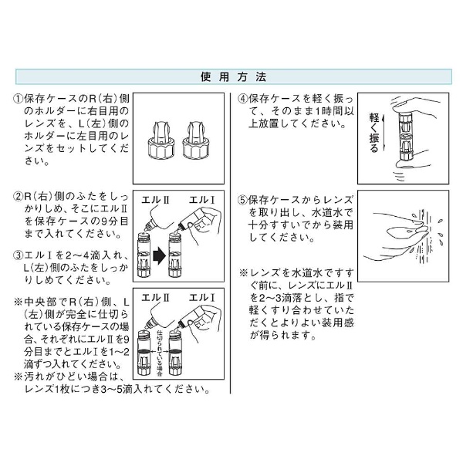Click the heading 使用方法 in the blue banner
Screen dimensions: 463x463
233,77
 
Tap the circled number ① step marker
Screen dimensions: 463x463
19,99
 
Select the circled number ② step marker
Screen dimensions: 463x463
19,196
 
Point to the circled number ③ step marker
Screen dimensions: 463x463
19,255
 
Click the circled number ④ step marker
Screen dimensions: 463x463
243,99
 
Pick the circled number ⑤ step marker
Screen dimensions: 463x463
243,200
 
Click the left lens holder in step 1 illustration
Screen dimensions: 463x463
161,141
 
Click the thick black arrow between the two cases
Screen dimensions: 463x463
160,256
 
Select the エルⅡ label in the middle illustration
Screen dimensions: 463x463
155,200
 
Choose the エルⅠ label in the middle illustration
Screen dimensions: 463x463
202,200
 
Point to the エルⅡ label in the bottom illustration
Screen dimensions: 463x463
155,298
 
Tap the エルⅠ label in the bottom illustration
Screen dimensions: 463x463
202,298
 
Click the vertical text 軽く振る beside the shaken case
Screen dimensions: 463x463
374,133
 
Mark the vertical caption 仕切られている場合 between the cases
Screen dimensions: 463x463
160,353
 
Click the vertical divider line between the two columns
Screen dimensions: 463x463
230,243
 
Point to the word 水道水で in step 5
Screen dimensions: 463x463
332,213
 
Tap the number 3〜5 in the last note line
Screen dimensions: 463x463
111,390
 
